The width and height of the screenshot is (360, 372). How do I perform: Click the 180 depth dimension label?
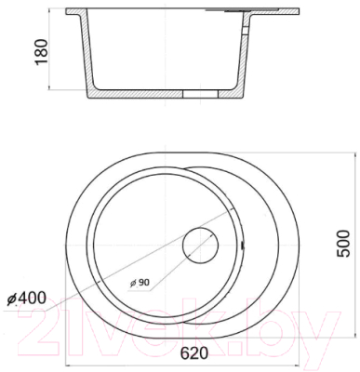tap(41, 52)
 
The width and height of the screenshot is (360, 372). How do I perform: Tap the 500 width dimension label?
tap(343, 244)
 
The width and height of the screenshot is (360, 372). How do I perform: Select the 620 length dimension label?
tap(194, 353)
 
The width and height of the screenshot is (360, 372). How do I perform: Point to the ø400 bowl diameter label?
tap(26, 299)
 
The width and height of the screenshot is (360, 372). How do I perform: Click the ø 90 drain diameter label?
tap(140, 283)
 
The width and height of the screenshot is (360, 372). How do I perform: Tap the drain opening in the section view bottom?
tap(200, 94)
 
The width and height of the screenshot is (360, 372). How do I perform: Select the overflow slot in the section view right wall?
tap(246, 31)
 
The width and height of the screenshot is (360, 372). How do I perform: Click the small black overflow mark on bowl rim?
tap(242, 246)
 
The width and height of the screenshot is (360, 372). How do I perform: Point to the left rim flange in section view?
tap(75, 12)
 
